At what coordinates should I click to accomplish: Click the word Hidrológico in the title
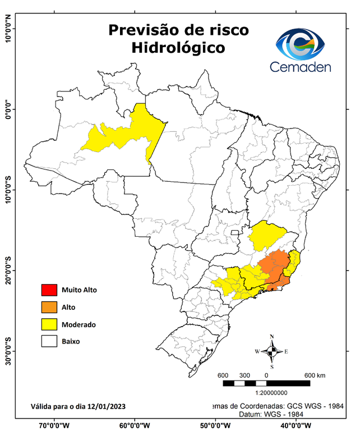tap(178, 48)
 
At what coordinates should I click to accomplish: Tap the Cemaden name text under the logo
tap(300, 67)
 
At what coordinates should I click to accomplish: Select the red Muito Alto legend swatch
tap(49, 290)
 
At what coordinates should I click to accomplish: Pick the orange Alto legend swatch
tap(49, 307)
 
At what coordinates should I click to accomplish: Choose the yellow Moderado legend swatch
tap(49, 324)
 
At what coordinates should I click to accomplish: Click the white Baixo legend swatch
tap(49, 341)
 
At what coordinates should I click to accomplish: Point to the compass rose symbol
tap(271, 351)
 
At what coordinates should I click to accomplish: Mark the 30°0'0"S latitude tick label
tap(7, 351)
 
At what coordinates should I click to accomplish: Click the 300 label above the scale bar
tap(244, 375)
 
